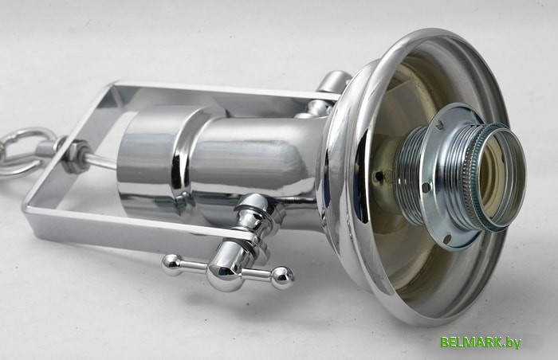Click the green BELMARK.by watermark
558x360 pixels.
click(x=481, y=342)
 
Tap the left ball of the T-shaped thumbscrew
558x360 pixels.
click(x=171, y=264)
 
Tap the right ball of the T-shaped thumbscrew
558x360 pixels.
click(x=282, y=277)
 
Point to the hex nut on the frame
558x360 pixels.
click(x=76, y=157)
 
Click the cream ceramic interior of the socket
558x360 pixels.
click(x=497, y=174)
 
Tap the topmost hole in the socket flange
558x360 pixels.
click(x=442, y=124)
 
